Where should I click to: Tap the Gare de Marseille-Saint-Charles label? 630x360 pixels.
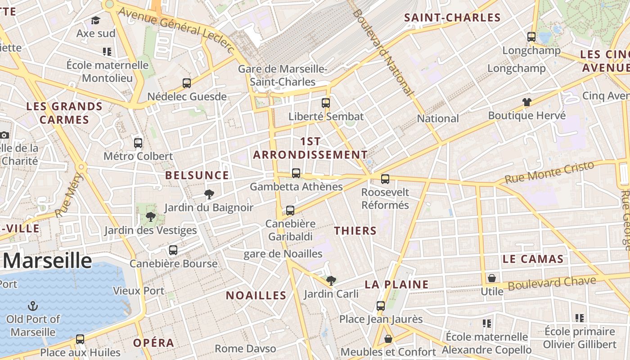click(283, 76)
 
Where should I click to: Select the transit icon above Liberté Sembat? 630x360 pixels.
click(326, 103)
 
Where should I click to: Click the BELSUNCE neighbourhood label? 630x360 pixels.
click(197, 175)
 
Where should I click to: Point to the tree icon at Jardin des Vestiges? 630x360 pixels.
click(151, 217)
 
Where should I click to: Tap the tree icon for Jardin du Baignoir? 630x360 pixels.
click(209, 194)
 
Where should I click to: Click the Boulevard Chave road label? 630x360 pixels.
click(552, 283)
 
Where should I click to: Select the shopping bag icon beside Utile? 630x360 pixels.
click(492, 278)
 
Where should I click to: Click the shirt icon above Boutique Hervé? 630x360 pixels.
click(527, 102)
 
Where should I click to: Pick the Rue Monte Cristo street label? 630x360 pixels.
click(549, 173)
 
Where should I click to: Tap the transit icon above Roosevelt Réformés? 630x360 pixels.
click(385, 179)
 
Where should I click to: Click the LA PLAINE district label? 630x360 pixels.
click(396, 284)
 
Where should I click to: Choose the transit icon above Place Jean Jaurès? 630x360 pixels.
click(381, 306)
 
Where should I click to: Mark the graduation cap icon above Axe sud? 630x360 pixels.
click(95, 20)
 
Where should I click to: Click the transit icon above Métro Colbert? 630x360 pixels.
click(138, 143)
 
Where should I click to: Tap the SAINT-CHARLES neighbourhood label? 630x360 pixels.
click(452, 18)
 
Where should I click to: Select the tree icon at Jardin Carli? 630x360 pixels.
click(331, 281)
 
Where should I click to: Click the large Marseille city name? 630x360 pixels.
click(48, 261)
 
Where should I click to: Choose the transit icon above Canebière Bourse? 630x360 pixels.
click(173, 250)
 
